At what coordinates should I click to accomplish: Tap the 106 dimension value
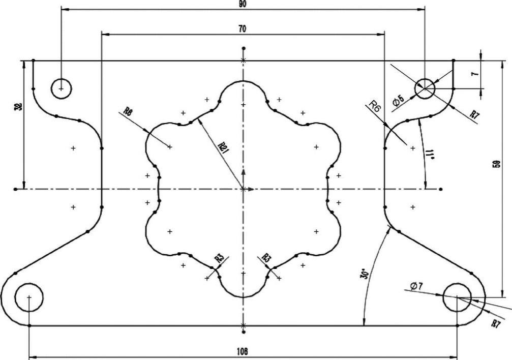coord(243,351)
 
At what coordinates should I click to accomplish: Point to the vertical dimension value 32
coord(19,107)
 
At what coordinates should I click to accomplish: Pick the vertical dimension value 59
coord(497,164)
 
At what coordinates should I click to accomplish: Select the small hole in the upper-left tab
coord(61,88)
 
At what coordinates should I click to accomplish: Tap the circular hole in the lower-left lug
coord(29,296)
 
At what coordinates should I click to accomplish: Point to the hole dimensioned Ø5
coord(425,88)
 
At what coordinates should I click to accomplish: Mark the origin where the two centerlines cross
coord(244,189)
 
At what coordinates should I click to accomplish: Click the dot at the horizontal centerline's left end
coord(16,189)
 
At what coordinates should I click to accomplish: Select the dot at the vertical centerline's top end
coord(244,48)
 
